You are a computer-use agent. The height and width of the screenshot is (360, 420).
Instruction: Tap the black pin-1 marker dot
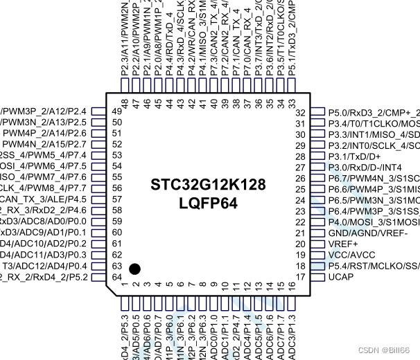click(x=135, y=268)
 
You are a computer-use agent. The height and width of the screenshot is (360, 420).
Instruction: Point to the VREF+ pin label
click(x=346, y=244)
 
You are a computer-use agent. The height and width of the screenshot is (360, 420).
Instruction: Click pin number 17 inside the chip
click(x=301, y=278)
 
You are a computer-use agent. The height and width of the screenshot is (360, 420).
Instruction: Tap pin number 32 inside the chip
click(x=301, y=113)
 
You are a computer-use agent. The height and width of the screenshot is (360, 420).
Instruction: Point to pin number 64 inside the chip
click(x=116, y=277)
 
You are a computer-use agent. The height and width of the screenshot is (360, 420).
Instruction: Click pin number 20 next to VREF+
click(x=301, y=244)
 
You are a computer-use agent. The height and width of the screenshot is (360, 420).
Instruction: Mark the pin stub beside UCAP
click(x=316, y=278)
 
